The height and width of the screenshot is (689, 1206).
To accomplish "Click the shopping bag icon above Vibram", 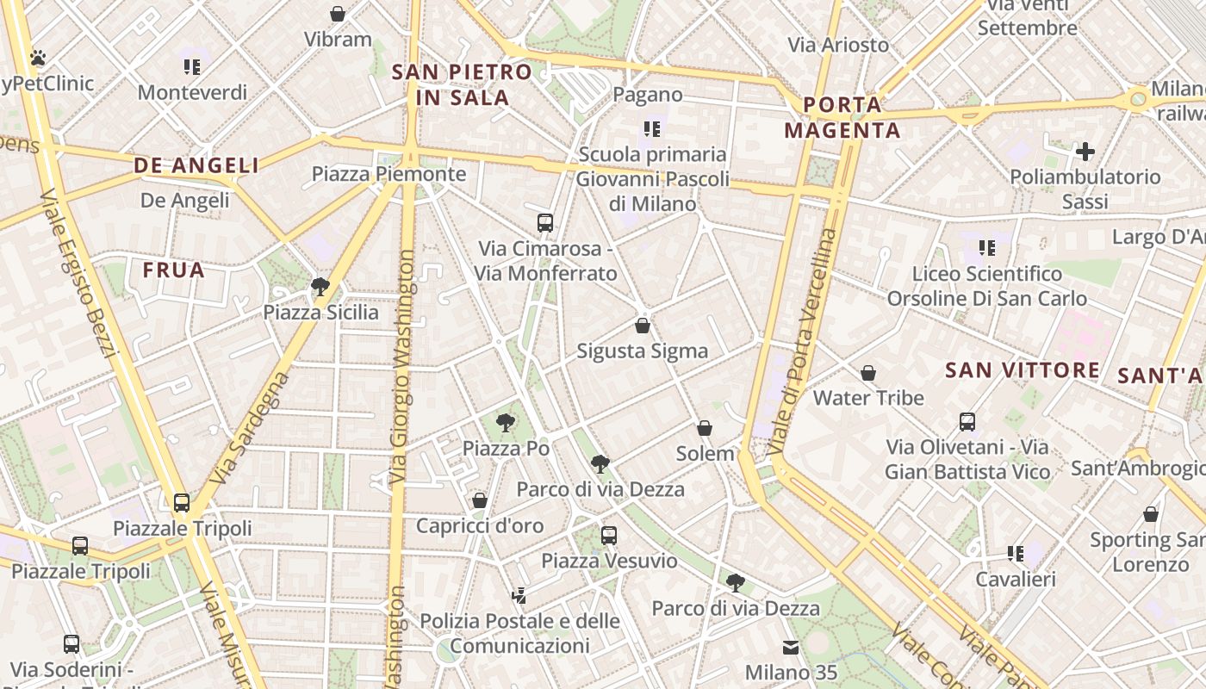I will pos(338,14).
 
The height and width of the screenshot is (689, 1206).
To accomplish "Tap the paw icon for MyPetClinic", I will pos(38,58).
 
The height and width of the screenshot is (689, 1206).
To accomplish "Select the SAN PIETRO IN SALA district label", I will pos(462,84).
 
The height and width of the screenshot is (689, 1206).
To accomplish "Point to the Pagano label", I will pos(648,95).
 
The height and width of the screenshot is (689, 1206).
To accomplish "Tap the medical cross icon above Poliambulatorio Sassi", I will pos(1085,152).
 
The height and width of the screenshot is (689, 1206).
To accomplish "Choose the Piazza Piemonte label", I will pos(389,174).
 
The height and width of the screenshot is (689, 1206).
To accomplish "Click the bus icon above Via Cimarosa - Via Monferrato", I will pos(545,223).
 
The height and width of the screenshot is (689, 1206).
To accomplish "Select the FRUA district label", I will pos(174,270).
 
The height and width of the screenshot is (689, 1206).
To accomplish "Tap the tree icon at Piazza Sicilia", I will pos(320,286).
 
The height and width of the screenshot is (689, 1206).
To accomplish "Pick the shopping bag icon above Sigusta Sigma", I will pos(643,326).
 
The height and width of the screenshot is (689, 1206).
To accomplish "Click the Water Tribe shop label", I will pos(868,398).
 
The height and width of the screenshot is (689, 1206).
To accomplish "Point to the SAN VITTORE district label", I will pos(1023,370).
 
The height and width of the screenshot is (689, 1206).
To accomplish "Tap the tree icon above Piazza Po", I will pos(506,422).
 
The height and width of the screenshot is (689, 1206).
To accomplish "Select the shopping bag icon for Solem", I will pos(705,428).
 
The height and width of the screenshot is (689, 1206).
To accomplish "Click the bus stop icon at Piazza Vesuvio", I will pos(609,535).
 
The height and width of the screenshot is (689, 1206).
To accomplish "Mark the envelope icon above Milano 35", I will pos(791,648).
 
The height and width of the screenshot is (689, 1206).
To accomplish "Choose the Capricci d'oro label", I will pos(480,525).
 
